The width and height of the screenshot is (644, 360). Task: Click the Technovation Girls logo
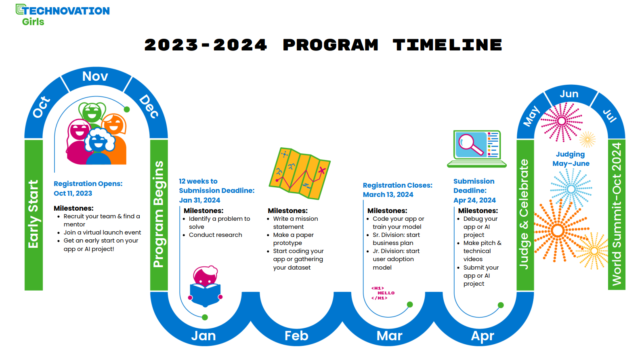tap(63, 15)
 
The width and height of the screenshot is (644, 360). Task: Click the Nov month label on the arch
tap(95, 76)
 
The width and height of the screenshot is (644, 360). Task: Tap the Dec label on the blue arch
tap(149, 106)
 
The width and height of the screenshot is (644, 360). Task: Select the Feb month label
tap(296, 335)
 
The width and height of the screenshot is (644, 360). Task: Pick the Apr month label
tap(482, 336)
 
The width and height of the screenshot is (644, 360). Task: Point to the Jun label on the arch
tap(569, 94)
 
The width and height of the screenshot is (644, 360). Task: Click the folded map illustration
tap(300, 173)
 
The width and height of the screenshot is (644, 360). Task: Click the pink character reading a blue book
tap(205, 286)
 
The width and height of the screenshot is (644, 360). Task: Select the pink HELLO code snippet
tap(383, 293)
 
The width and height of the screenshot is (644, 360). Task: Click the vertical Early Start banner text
tap(34, 214)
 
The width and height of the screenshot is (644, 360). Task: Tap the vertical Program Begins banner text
tap(159, 214)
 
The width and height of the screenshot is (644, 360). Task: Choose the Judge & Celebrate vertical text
tap(524, 214)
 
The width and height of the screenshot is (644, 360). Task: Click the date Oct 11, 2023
tap(73, 193)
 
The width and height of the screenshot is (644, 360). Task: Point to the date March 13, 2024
tap(388, 195)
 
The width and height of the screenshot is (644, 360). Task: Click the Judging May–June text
tap(571, 159)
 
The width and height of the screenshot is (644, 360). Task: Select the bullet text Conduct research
tap(215, 235)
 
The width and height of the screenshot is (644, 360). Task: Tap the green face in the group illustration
tap(92, 112)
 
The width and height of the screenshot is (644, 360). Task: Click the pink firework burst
tap(562, 122)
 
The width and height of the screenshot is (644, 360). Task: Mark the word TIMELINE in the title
tap(448, 45)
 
